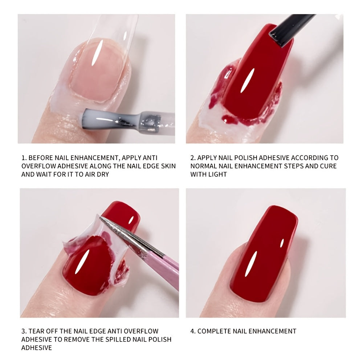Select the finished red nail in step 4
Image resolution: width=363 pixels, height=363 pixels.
[263, 254]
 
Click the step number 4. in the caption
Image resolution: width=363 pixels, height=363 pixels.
[193, 331]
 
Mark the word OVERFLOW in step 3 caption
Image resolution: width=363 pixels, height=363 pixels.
[142, 331]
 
